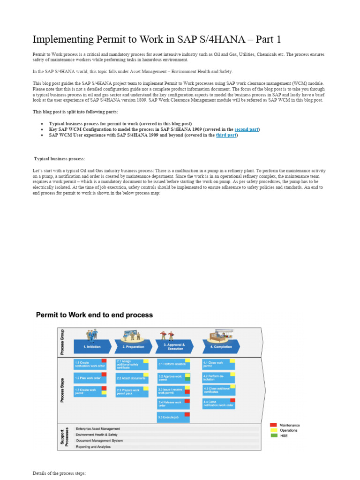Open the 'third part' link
click(226, 135)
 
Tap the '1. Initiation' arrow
click(92, 347)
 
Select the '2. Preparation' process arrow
click(133, 347)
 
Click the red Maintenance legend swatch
click(273, 425)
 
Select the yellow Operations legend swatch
click(273, 430)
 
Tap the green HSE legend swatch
click(273, 435)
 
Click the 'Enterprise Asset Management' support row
click(98, 428)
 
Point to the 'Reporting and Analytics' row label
click(93, 447)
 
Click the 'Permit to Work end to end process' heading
click(94, 315)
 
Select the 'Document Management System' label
click(99, 441)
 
